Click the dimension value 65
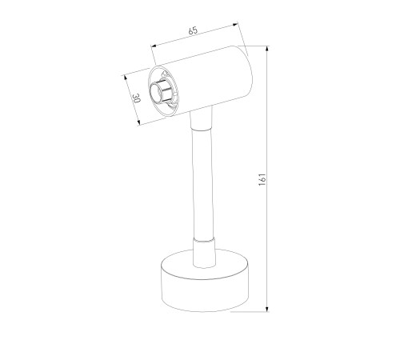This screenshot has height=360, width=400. [193, 30]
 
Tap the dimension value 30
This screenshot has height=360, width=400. [136, 98]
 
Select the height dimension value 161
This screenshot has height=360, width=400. [262, 179]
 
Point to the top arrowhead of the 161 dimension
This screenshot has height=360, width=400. [267, 49]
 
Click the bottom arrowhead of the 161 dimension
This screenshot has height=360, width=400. [267, 309]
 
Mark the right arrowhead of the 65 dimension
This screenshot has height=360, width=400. [235, 25]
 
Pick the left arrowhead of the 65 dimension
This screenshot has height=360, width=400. [154, 46]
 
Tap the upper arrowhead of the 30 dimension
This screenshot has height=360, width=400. [124, 78]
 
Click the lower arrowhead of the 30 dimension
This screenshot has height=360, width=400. [138, 122]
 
